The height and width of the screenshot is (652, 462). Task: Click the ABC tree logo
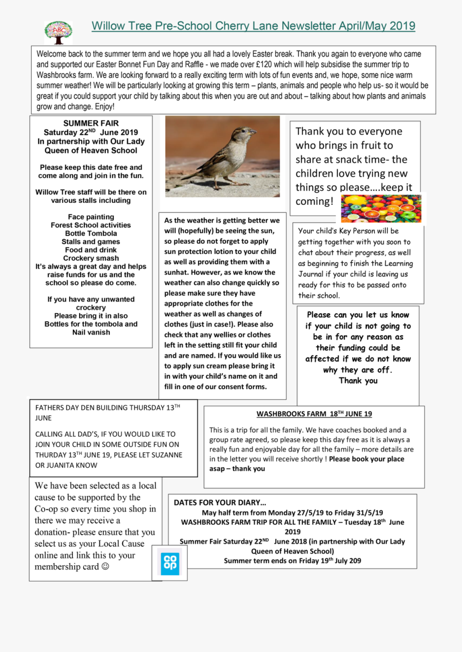tap(58, 32)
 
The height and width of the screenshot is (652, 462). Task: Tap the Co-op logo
tap(170, 563)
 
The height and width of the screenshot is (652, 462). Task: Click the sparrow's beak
tap(253, 132)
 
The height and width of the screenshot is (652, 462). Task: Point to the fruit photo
tap(381, 208)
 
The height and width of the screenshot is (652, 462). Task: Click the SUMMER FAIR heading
tap(91, 123)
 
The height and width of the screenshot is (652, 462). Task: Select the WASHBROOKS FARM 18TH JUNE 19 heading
tap(314, 414)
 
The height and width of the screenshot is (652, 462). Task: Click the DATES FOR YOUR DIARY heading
tap(220, 503)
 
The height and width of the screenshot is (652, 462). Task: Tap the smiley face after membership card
tap(105, 567)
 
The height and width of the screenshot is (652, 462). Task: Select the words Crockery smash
tap(91, 258)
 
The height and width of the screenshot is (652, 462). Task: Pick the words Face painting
tap(91, 217)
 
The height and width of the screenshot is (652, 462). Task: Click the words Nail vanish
tap(91, 332)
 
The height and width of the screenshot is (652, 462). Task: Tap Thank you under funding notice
tap(358, 380)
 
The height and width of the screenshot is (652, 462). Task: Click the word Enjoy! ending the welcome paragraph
tap(105, 107)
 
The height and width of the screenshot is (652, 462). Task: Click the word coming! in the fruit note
tap(314, 201)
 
